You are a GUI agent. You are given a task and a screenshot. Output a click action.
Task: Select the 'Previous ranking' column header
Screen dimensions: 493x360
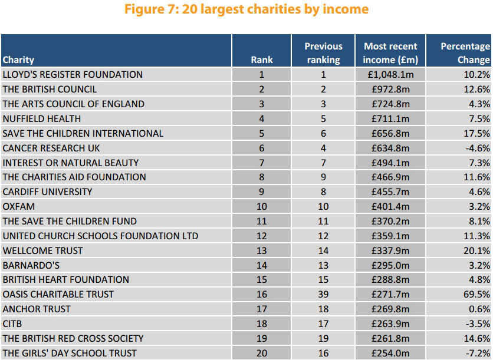tap(323, 53)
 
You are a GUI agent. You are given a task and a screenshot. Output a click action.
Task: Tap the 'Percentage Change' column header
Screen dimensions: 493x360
tap(465, 53)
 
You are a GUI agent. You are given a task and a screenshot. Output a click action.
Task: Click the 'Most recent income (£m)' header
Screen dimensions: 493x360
tap(390, 53)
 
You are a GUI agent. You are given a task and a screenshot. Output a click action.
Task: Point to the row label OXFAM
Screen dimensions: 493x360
tap(19, 206)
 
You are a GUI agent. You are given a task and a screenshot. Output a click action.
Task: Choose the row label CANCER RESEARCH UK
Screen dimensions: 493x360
tap(51, 148)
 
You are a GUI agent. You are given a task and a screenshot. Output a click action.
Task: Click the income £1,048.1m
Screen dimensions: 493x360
tap(390, 74)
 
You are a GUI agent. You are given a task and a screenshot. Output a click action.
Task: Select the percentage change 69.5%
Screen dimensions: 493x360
tap(476, 295)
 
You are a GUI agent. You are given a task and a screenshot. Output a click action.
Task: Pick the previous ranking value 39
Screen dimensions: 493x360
tap(323, 295)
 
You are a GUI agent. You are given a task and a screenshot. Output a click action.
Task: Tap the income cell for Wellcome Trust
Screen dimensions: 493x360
tap(390, 250)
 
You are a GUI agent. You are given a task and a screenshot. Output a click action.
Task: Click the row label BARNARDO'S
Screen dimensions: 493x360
tap(31, 266)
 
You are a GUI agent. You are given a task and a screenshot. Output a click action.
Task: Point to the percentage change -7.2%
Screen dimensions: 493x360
tap(478, 354)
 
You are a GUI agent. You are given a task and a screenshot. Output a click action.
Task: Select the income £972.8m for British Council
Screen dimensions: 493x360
tap(390, 89)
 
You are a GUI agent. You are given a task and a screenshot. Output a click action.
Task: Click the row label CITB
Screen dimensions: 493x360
tap(12, 324)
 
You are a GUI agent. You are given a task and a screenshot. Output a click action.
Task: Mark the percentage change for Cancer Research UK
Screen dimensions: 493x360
tap(478, 148)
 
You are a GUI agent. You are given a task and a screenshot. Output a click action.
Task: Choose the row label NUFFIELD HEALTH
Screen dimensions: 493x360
tap(42, 119)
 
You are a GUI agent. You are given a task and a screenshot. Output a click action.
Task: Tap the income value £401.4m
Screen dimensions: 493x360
tap(390, 206)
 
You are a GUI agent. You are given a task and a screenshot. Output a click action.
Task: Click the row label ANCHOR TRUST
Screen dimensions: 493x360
tap(37, 309)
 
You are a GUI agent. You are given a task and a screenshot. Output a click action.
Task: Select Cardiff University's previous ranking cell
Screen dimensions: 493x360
tap(323, 191)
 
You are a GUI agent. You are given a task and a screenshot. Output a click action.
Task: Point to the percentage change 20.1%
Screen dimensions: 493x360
tap(476, 250)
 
